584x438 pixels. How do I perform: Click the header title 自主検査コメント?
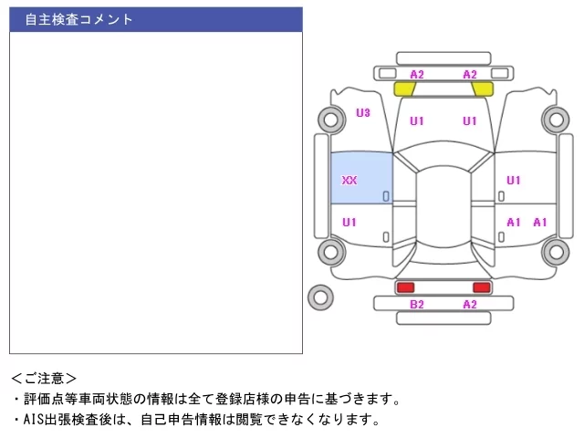[x=78, y=19]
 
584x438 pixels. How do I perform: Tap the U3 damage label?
[x=363, y=112]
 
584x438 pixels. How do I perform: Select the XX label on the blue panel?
[x=349, y=181]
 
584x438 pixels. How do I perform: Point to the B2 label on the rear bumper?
[x=417, y=304]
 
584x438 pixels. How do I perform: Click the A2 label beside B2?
[x=470, y=304]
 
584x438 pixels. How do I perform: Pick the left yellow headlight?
[x=405, y=89]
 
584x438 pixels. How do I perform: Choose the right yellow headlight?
[x=483, y=89]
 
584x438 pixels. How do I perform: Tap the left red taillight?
[x=405, y=287]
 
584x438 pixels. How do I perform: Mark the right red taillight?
[x=482, y=287]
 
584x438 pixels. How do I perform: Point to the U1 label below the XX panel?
[x=349, y=223]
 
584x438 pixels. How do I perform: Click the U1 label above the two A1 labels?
[x=513, y=181]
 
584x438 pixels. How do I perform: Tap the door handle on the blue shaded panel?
[x=386, y=196]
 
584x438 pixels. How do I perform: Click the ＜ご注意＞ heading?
[x=44, y=379]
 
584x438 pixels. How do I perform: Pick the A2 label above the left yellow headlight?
[x=417, y=75]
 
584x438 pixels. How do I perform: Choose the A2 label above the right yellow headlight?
[x=470, y=75]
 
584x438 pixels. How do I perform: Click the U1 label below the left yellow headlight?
[x=417, y=121]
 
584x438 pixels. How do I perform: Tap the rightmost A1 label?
[x=539, y=223]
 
